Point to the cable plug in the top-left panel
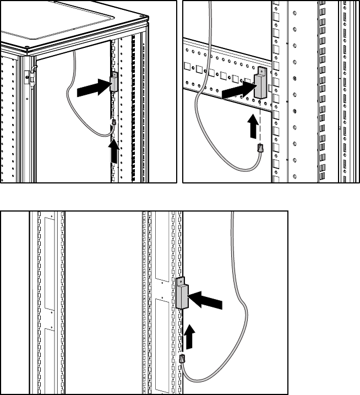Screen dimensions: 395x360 pos(113,125)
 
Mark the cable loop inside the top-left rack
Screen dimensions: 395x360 pos(77,110)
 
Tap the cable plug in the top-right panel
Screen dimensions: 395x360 pos(260,148)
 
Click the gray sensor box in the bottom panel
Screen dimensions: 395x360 pos(182,296)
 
